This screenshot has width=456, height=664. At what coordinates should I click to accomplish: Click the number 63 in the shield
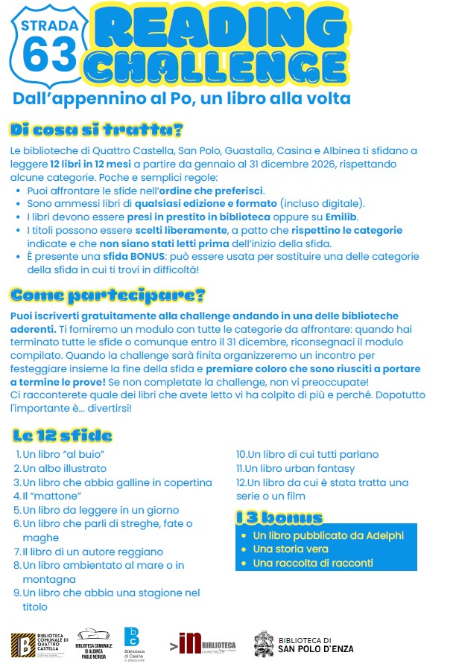50,54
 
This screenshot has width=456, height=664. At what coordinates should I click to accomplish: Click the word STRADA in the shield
49,26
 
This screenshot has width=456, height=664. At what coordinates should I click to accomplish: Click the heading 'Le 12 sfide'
63,435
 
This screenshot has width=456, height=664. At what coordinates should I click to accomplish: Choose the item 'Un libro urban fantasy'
295,468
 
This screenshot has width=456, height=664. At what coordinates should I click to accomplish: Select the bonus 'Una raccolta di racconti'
313,563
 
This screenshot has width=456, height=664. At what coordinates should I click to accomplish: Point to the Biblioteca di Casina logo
132,642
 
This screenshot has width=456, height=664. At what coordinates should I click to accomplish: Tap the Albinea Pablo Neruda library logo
94,642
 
